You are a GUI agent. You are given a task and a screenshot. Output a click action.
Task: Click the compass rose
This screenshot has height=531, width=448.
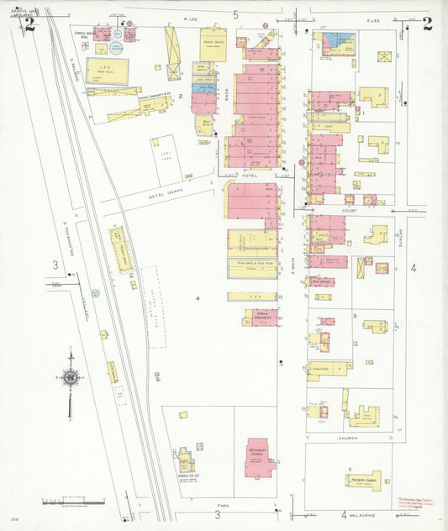(x=71, y=378)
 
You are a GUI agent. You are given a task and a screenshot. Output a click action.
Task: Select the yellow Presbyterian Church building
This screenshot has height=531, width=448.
(x=364, y=481)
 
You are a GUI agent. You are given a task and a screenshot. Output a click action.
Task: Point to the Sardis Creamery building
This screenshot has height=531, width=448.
(x=262, y=317)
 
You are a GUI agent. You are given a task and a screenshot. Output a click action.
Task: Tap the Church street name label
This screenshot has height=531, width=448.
(x=348, y=438)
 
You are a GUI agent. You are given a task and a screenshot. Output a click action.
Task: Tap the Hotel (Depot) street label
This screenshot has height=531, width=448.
(x=165, y=192)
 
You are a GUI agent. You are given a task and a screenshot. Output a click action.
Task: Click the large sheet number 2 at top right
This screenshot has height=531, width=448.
(x=427, y=24)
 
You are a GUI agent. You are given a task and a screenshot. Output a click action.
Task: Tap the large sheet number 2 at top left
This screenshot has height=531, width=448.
(x=30, y=24)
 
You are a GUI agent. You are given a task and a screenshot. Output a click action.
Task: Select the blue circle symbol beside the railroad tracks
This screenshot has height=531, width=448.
(x=96, y=293)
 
